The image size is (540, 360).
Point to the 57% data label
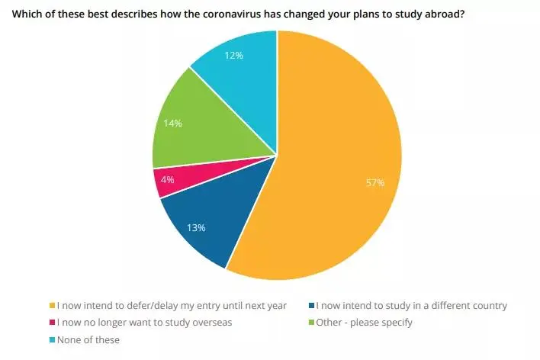click(x=375, y=183)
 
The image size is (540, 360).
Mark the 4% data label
click(x=168, y=180)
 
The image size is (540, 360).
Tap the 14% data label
click(x=172, y=123)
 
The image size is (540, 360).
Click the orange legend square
click(x=51, y=306)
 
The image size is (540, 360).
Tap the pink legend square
click(x=51, y=323)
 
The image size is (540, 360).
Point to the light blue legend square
click(x=51, y=339)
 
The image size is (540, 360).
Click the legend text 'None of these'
click(x=88, y=339)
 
